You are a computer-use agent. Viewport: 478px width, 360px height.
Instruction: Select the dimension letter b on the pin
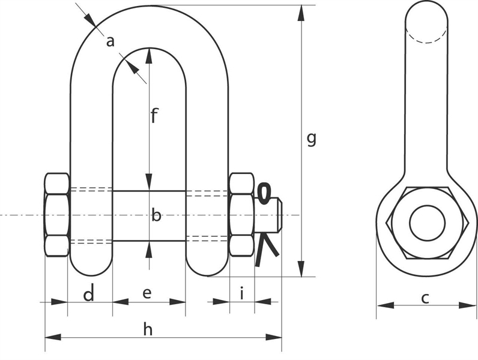[156, 215]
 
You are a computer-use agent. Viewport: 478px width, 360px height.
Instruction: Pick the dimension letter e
[147, 293]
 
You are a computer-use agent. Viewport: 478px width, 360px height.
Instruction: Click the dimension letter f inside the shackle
[154, 115]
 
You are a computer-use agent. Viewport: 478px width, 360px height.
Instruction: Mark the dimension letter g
[311, 139]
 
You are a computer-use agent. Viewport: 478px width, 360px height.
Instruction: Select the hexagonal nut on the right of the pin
[241, 215]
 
